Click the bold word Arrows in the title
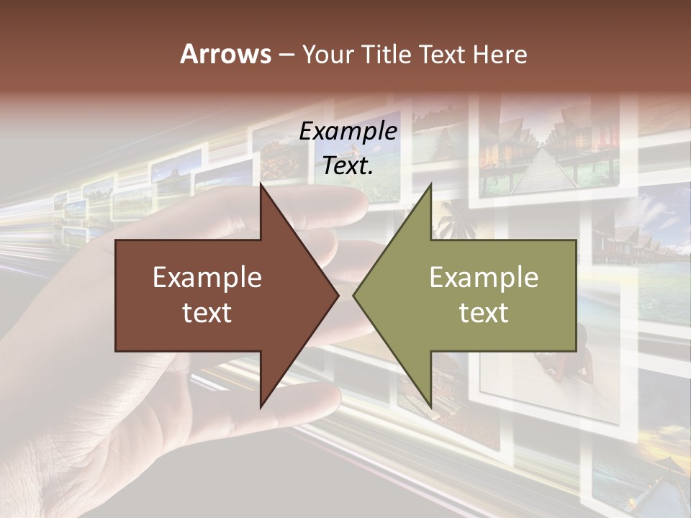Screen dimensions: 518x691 point(226,55)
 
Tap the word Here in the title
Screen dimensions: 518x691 point(499,55)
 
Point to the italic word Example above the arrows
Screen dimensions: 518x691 point(348,132)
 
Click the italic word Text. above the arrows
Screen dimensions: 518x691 point(348,165)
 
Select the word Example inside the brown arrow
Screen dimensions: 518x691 point(207,278)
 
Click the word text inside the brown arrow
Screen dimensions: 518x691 point(207,313)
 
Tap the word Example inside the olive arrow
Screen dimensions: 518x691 point(484,278)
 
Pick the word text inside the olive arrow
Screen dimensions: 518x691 point(484,313)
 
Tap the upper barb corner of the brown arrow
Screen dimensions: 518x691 point(261,186)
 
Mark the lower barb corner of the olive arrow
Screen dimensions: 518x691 point(430,406)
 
